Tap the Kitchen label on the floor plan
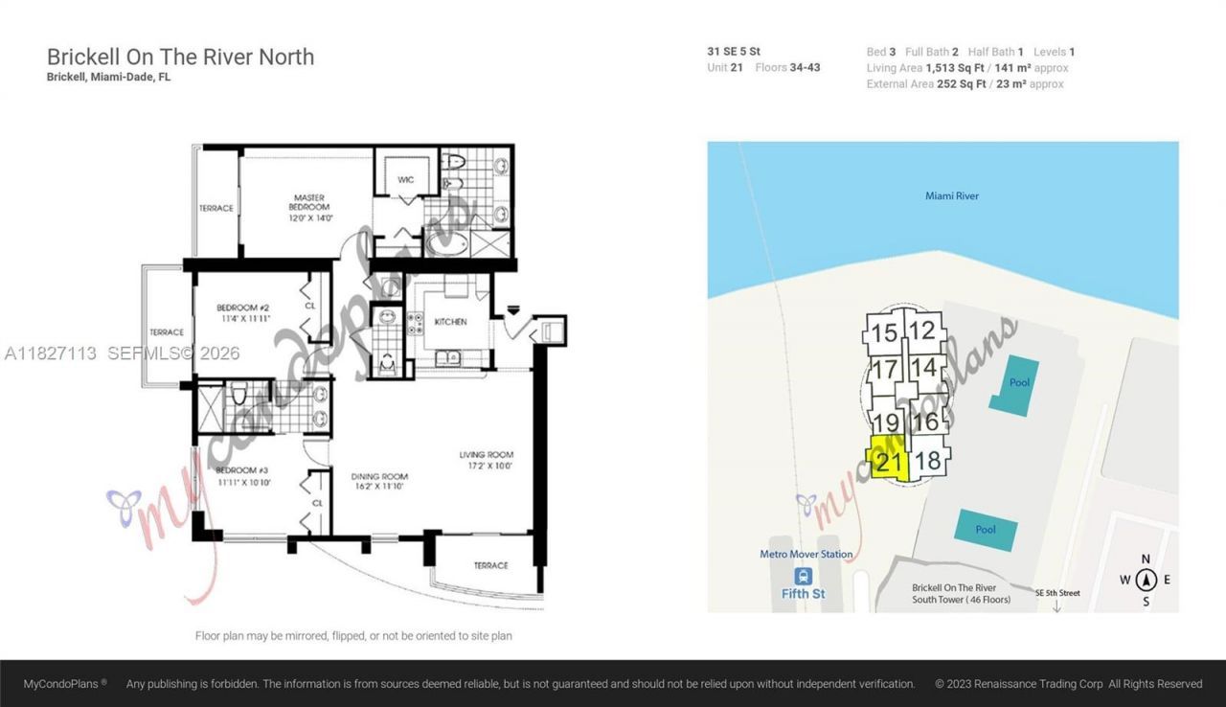450,322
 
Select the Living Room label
488,460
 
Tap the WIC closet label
406,179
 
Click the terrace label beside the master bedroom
216,208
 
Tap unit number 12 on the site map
922,331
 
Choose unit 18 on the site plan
927,461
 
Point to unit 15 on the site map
885,333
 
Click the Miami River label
951,196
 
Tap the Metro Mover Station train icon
803,575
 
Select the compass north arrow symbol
1146,579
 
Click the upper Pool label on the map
1018,381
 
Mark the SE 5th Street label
1056,593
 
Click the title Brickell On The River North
180,57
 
